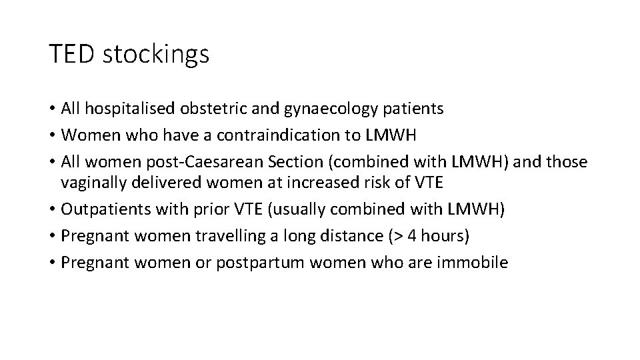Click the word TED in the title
click(73, 54)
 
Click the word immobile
click(473, 261)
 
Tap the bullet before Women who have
click(52, 135)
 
